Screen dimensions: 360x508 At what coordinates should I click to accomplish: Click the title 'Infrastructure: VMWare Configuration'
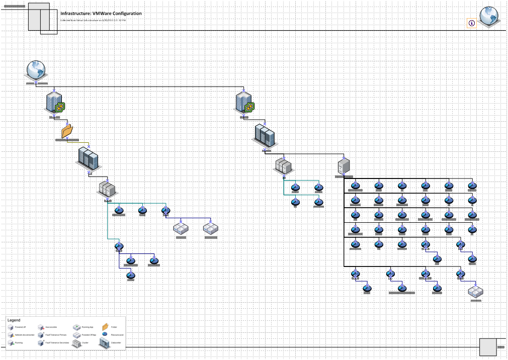[x=101, y=14]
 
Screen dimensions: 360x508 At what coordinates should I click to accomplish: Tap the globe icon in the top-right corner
[x=488, y=16]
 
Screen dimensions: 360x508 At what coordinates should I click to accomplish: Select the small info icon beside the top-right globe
[x=471, y=23]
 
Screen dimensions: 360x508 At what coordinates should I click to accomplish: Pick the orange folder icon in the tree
[x=66, y=131]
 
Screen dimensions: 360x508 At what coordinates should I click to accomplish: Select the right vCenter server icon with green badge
[x=244, y=103]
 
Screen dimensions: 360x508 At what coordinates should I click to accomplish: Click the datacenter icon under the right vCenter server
[x=264, y=135]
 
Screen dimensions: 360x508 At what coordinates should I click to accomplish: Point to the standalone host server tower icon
[x=344, y=165]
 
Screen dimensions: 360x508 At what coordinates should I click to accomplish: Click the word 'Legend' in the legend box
[x=14, y=320]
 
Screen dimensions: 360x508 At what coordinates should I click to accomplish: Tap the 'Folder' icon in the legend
[x=105, y=327]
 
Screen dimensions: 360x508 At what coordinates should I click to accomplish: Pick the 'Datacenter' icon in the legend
[x=105, y=342]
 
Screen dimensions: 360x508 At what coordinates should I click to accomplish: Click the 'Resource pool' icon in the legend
[x=105, y=334]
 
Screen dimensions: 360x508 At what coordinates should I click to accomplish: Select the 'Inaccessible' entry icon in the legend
[x=41, y=327]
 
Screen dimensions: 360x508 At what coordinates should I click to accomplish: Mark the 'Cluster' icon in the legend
[x=76, y=342]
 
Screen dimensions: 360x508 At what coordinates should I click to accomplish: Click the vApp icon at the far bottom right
[x=475, y=291]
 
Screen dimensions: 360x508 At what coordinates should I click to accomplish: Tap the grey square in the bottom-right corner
[x=487, y=347]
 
